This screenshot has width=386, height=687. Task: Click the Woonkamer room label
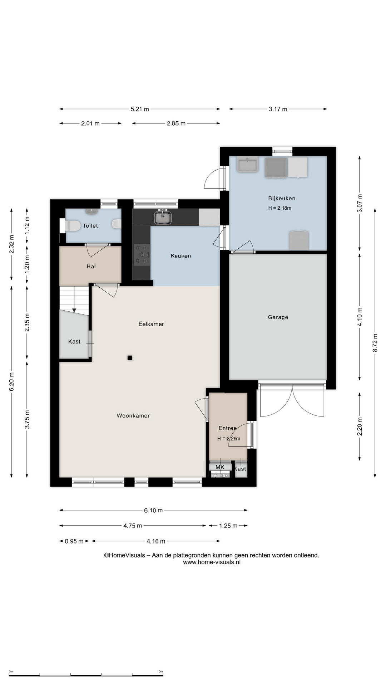pos(133,415)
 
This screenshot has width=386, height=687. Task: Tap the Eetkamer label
pos(151,324)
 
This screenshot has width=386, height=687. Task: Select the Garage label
pos(278,317)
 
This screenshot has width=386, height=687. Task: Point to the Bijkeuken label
pos(282,198)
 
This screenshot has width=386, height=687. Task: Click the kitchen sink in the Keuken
pos(163,217)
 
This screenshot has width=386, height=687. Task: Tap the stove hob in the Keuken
pos(142,254)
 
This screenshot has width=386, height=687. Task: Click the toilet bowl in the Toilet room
pos(73,226)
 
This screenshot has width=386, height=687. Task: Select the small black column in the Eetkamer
pos(130,357)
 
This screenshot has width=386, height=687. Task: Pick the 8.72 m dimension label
pos(375,343)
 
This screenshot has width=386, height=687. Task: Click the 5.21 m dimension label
pos(140,109)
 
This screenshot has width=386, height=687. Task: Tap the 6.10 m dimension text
pos(153,510)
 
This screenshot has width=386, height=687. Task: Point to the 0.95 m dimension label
pos(74,541)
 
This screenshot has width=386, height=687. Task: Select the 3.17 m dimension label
pos(278,109)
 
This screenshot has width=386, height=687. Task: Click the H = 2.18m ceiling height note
pos(280,208)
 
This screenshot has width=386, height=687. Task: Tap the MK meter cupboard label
pos(220,467)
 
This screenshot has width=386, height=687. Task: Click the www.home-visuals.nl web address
pos(212,562)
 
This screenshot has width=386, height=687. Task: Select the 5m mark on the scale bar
pos(161,671)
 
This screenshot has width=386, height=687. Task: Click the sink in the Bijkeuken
pos(247,165)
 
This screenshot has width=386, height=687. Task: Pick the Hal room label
pos(91,266)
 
